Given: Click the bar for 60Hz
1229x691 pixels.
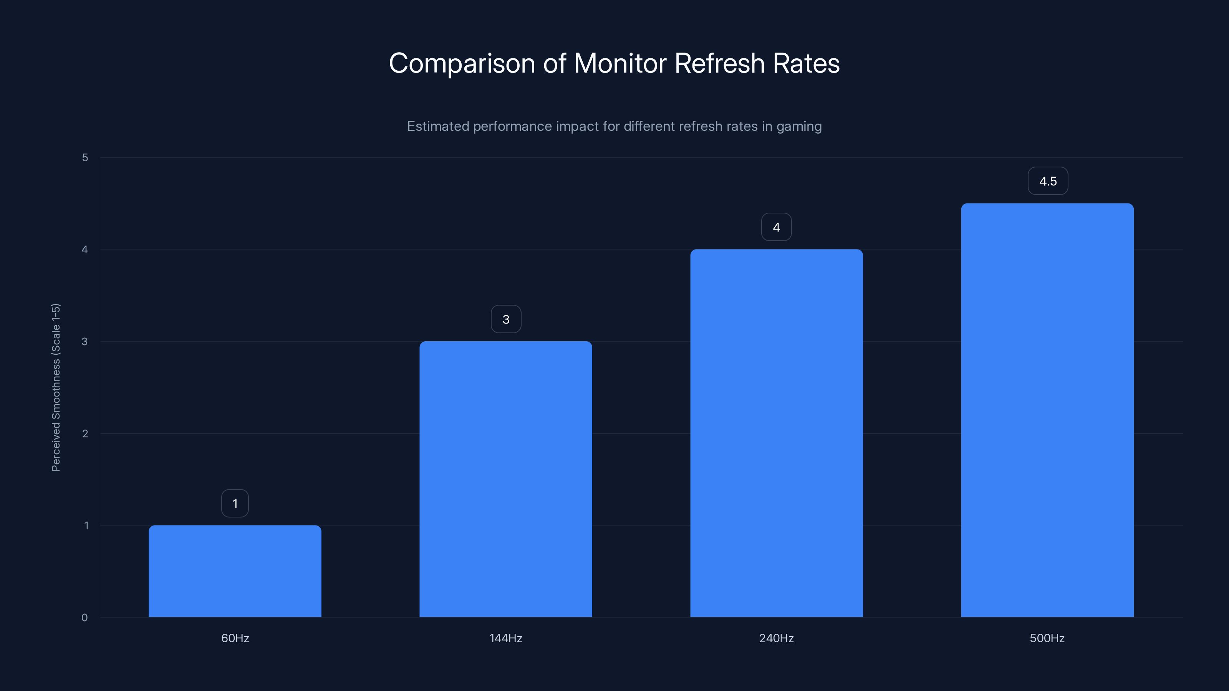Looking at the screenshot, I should [x=235, y=571].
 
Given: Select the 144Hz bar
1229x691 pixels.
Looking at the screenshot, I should [x=506, y=479].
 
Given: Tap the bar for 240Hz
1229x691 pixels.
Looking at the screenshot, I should [x=776, y=433].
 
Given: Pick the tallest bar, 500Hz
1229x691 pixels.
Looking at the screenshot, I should [x=1047, y=410].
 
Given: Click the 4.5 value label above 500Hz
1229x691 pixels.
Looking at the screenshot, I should [x=1048, y=181].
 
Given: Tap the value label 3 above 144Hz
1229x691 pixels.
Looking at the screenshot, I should [x=506, y=319].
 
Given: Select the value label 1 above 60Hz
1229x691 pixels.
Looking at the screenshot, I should [x=235, y=504].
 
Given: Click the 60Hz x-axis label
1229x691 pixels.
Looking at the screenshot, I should [x=235, y=638].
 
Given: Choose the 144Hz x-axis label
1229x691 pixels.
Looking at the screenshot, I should [x=506, y=638].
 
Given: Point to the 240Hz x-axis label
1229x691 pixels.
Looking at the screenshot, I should [x=776, y=638].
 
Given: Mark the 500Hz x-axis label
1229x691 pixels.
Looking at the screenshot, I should [x=1047, y=638].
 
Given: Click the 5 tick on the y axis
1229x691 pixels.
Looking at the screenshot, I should [x=85, y=157].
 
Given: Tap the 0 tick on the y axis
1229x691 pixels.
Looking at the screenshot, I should [x=84, y=618].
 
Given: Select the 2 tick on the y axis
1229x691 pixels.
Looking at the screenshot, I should [x=85, y=433].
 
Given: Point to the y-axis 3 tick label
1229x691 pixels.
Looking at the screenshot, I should [x=85, y=341].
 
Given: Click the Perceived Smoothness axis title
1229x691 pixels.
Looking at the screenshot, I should [x=56, y=387].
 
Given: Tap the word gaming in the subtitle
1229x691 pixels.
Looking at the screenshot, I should [x=799, y=126].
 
